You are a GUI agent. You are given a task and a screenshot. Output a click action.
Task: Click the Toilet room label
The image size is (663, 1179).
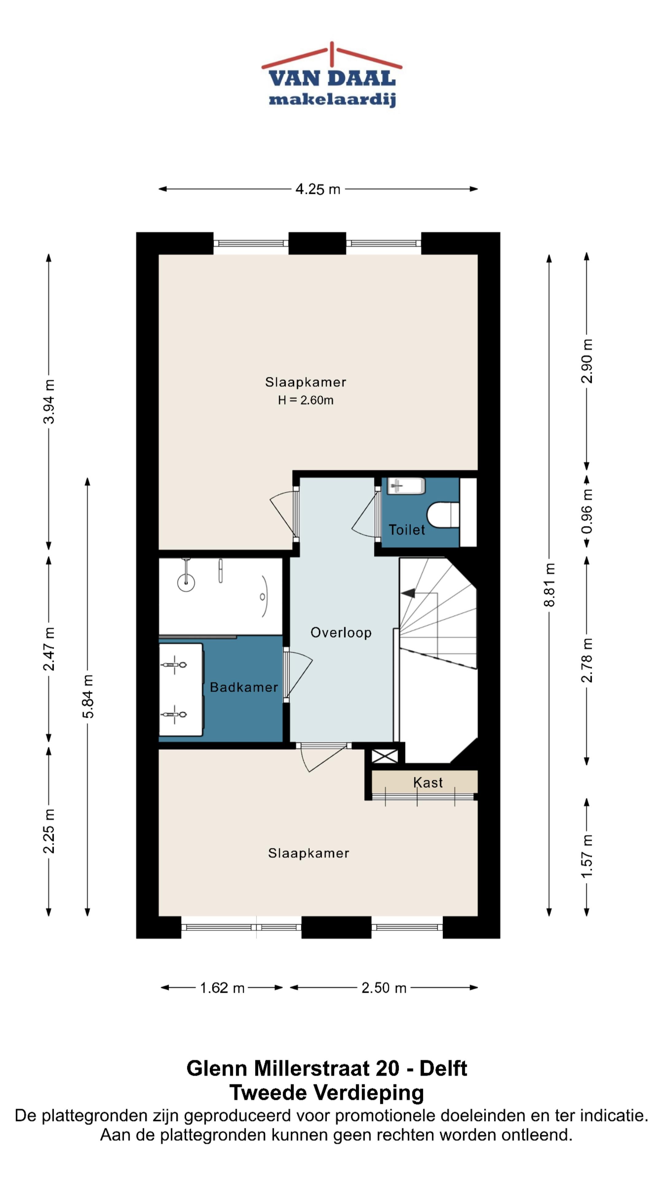(x=406, y=530)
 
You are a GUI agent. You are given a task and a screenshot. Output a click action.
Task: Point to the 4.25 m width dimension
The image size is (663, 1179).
(x=318, y=189)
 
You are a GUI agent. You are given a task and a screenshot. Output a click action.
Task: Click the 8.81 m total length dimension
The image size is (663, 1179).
(x=549, y=585)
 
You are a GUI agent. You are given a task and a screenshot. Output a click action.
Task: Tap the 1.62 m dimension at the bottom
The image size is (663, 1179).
(x=222, y=988)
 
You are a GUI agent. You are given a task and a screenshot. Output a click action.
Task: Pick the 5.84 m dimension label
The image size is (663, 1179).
(x=87, y=696)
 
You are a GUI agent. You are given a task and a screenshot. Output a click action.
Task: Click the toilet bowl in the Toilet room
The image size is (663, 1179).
(x=443, y=515)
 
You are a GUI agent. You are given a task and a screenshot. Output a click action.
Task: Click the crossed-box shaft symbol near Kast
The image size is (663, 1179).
(x=384, y=756)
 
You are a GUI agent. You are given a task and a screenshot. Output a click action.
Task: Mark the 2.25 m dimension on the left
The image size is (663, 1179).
(x=49, y=831)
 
